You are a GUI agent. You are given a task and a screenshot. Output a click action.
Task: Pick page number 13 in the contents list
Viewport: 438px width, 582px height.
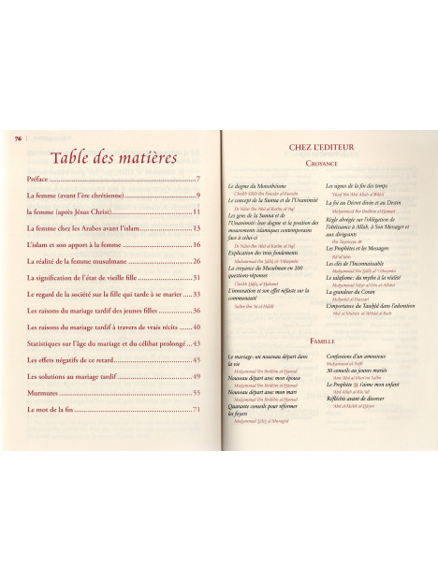197,227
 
